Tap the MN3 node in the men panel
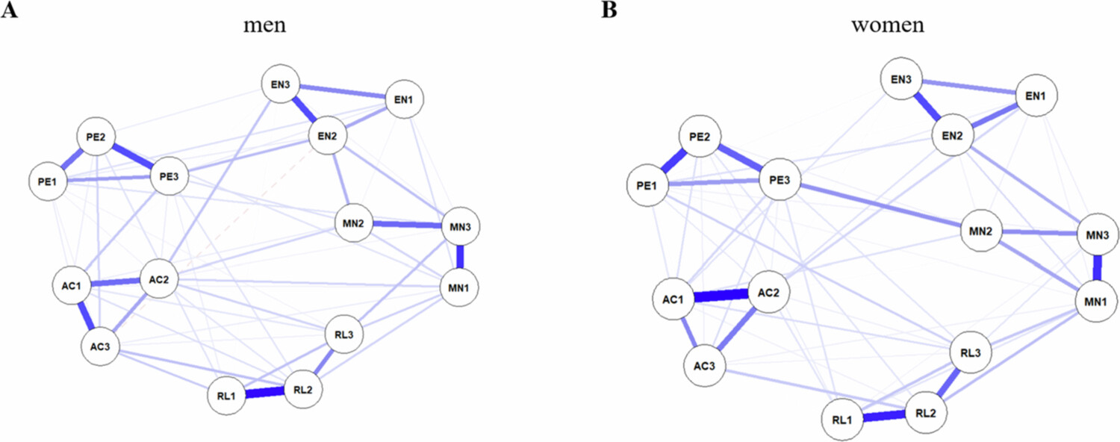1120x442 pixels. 460,226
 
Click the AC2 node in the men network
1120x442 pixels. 161,280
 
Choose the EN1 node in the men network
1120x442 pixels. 403,99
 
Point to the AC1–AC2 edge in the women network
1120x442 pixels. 721,296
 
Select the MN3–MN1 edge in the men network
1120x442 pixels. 460,257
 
